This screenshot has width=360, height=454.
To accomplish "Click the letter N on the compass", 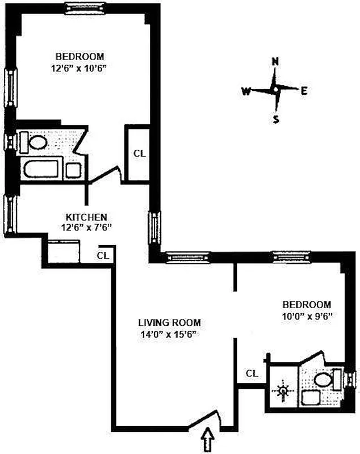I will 275,62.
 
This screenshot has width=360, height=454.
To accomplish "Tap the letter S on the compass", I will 276,119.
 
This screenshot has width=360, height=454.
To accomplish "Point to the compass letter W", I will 246,91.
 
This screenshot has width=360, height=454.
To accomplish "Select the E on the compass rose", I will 304,90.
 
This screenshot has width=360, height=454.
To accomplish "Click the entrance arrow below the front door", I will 208,439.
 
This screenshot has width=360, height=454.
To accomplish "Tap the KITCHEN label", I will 86,217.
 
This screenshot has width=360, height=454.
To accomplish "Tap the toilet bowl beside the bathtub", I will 39,141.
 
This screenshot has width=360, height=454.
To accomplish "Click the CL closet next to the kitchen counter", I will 102,255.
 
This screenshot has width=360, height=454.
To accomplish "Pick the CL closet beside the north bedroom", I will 139,153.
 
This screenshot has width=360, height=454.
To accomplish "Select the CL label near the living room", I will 252,373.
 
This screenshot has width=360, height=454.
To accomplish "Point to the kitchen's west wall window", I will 10,213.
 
